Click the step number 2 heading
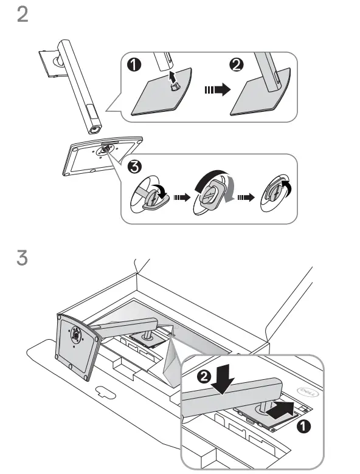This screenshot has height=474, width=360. pos(22,15)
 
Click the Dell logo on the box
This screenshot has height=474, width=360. pos(304,385)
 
